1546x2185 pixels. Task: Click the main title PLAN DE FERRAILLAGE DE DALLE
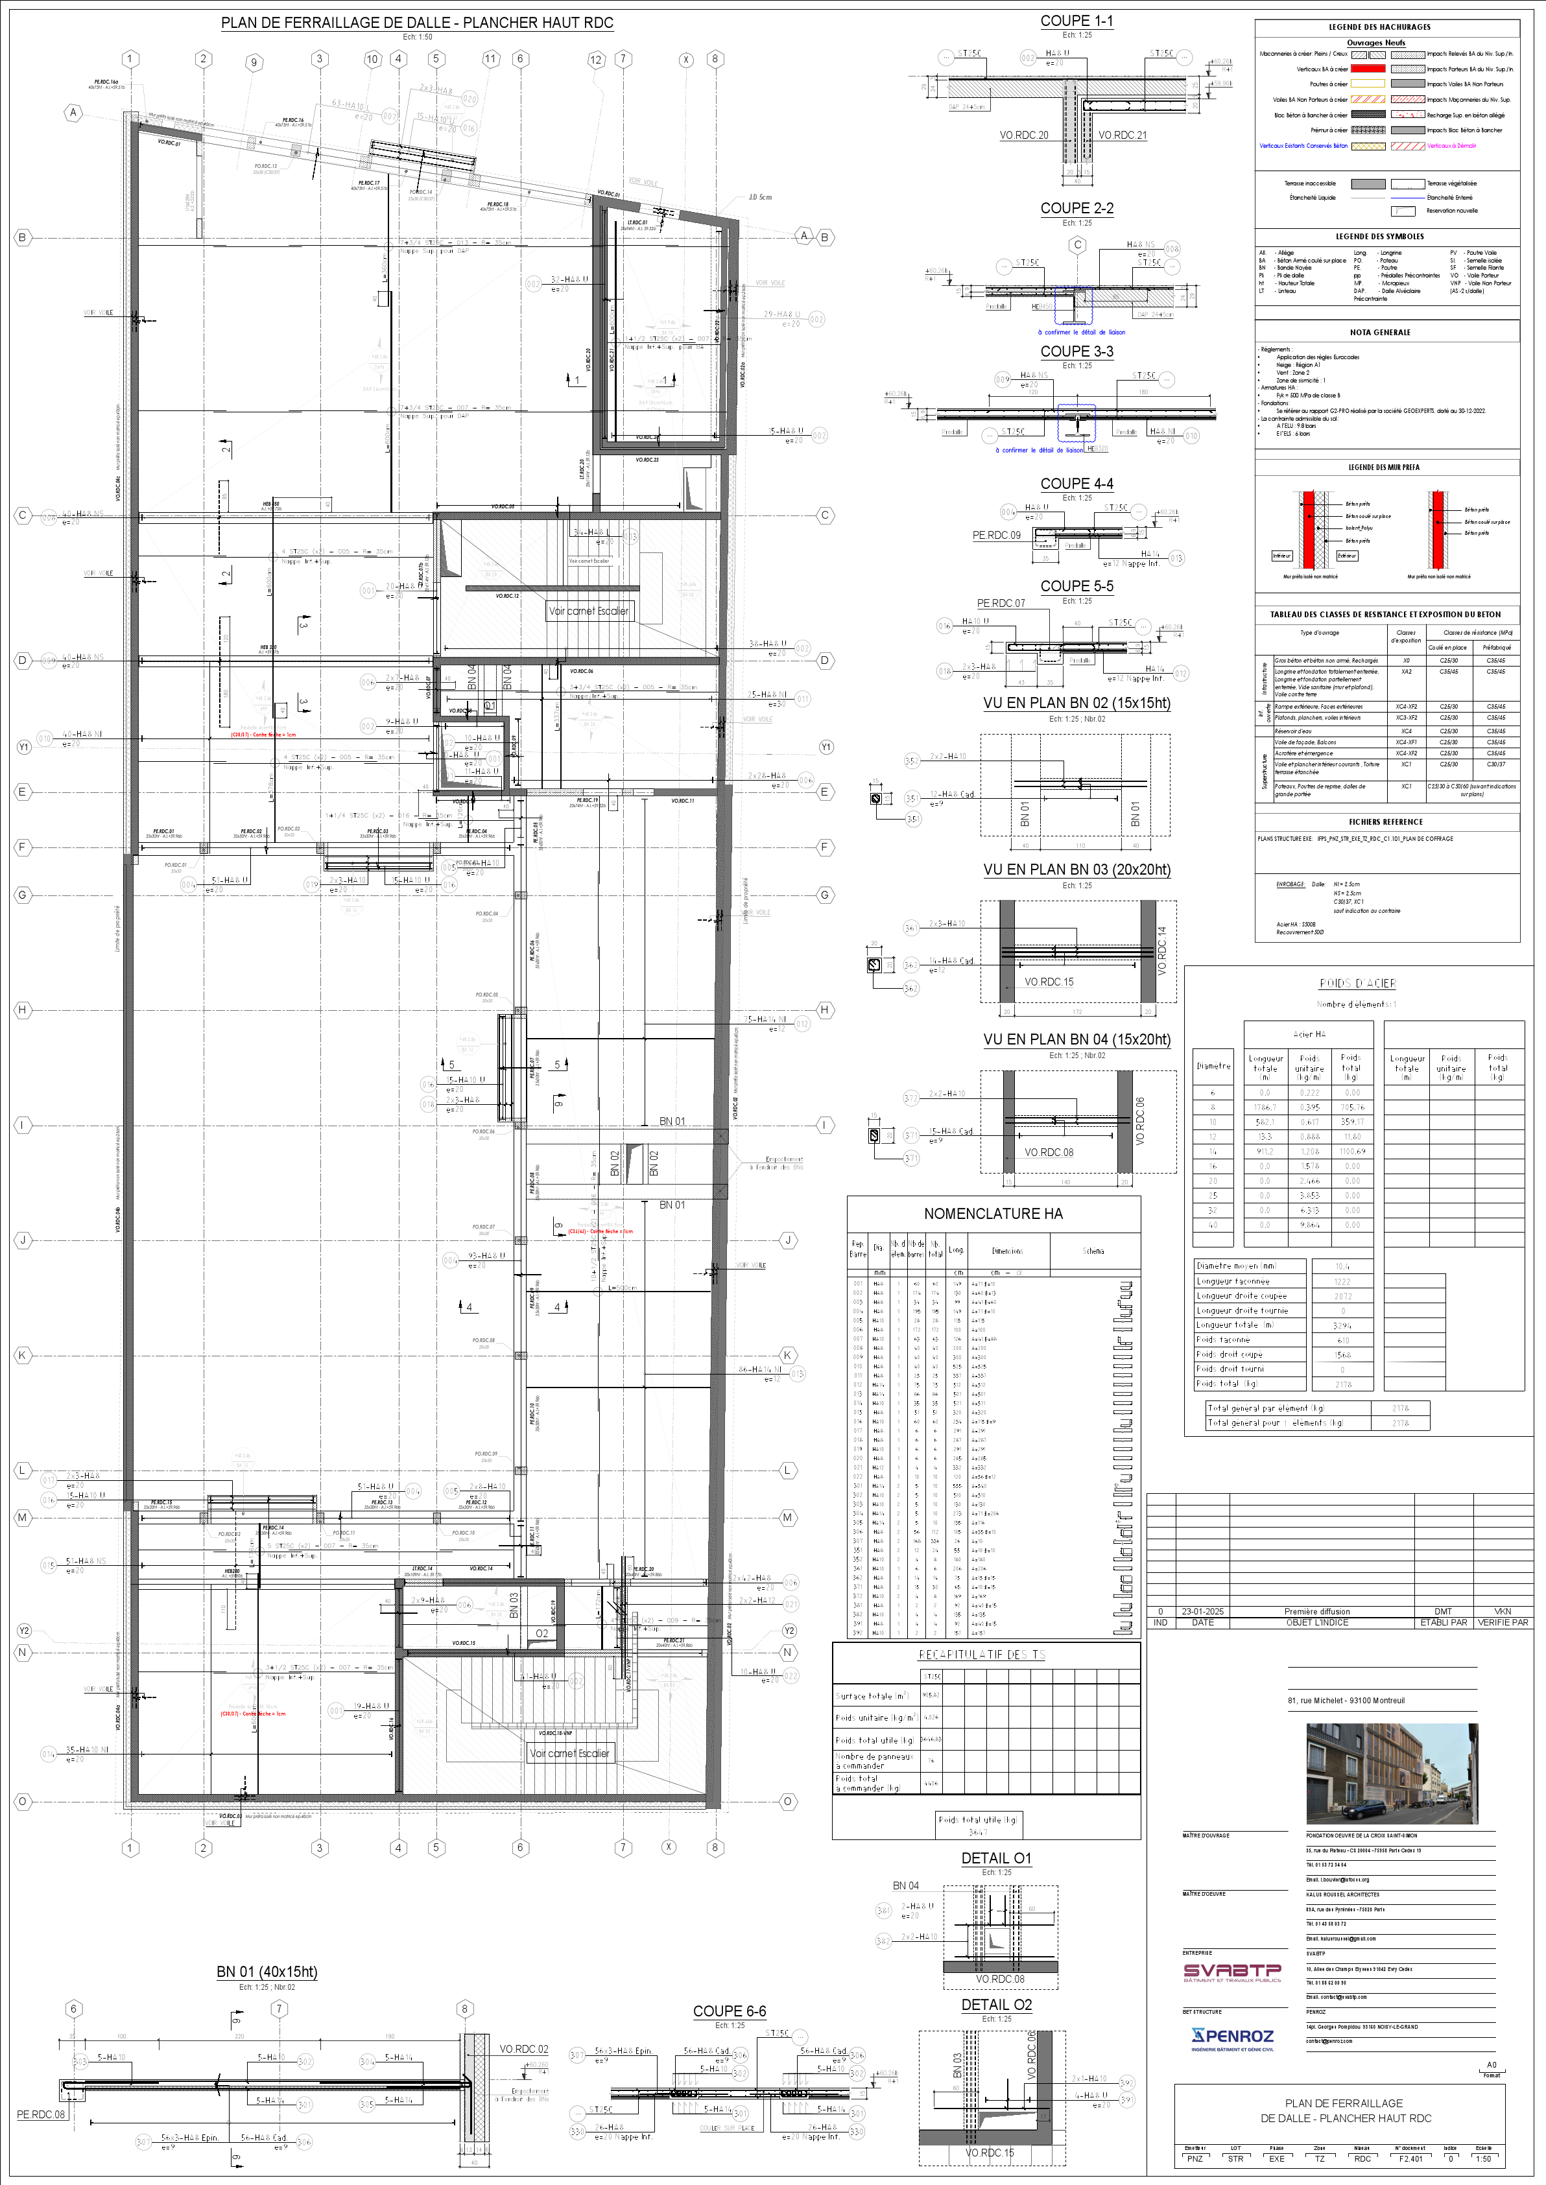(417, 23)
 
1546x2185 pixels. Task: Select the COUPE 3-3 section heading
(1076, 351)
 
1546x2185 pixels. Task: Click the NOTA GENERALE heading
(1379, 332)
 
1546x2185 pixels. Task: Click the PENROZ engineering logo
(1232, 2037)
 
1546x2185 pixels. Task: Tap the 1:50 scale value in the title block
(1483, 2159)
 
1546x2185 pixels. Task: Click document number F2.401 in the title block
(1411, 2159)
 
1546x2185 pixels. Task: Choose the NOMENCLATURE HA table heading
(993, 1213)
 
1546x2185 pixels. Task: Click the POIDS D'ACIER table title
(1357, 983)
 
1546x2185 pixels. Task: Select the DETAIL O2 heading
(996, 2005)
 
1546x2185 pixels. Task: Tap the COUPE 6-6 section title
(729, 2011)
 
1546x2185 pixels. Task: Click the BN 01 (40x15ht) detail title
(267, 1972)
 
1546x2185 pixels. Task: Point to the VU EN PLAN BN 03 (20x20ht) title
(1076, 870)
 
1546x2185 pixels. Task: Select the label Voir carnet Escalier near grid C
(588, 611)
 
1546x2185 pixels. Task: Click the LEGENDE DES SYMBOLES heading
(1379, 236)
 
